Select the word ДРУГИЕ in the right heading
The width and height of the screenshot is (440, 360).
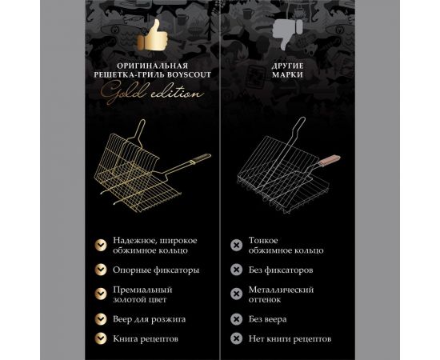pyautogui.click(x=285, y=66)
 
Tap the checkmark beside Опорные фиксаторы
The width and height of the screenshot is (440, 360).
pyautogui.click(x=100, y=270)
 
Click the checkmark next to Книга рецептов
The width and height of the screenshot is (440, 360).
pyautogui.click(x=100, y=338)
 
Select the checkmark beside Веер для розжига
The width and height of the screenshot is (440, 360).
pyautogui.click(x=100, y=318)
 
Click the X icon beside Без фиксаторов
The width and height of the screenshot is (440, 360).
pyautogui.click(x=236, y=270)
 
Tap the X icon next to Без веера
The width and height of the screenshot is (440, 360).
pyautogui.click(x=236, y=318)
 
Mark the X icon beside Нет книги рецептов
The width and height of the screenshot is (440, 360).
pyautogui.click(x=236, y=338)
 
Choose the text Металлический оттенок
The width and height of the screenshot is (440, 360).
pyautogui.click(x=281, y=294)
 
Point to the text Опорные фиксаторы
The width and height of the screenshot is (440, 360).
pyautogui.click(x=156, y=270)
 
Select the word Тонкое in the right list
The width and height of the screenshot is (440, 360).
pyautogui.click(x=264, y=240)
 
